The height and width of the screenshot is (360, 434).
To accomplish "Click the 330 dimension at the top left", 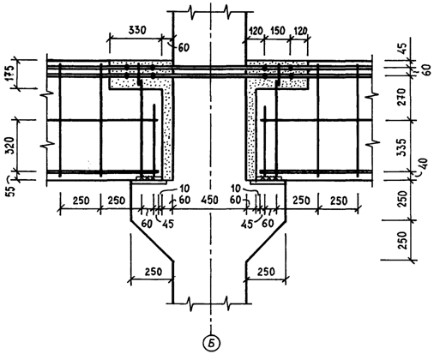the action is (x=137, y=30).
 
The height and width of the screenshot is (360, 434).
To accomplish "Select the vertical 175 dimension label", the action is (x=9, y=74).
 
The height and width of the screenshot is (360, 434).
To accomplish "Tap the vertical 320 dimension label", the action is (x=9, y=146).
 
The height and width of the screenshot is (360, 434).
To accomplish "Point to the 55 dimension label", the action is (x=9, y=190).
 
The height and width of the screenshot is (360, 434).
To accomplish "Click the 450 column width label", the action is (x=209, y=200).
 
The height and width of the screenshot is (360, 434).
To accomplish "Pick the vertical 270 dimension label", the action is (x=402, y=97).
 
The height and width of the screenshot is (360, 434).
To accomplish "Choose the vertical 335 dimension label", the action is (x=402, y=147).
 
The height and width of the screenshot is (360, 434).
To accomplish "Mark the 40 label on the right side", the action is (x=424, y=164).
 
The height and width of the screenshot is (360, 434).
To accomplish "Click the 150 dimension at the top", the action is (x=276, y=30).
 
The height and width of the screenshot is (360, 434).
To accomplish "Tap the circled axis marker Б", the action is (x=211, y=343).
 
